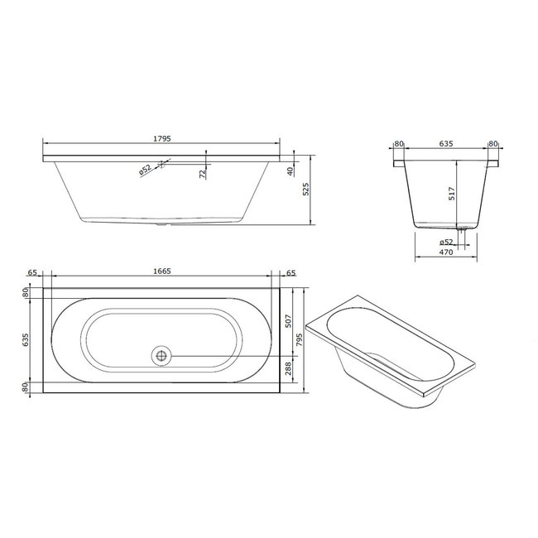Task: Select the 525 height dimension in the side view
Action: (x=305, y=190)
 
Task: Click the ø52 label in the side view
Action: (x=145, y=171)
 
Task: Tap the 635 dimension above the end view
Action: (x=445, y=143)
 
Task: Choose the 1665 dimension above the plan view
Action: (x=161, y=271)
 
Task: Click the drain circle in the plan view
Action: (x=161, y=356)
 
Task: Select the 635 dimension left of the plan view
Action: (x=26, y=339)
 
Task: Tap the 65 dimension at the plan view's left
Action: (x=34, y=271)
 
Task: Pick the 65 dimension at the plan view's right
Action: (x=291, y=271)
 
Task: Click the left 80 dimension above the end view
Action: (x=398, y=143)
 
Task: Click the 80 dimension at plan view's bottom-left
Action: (x=26, y=387)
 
